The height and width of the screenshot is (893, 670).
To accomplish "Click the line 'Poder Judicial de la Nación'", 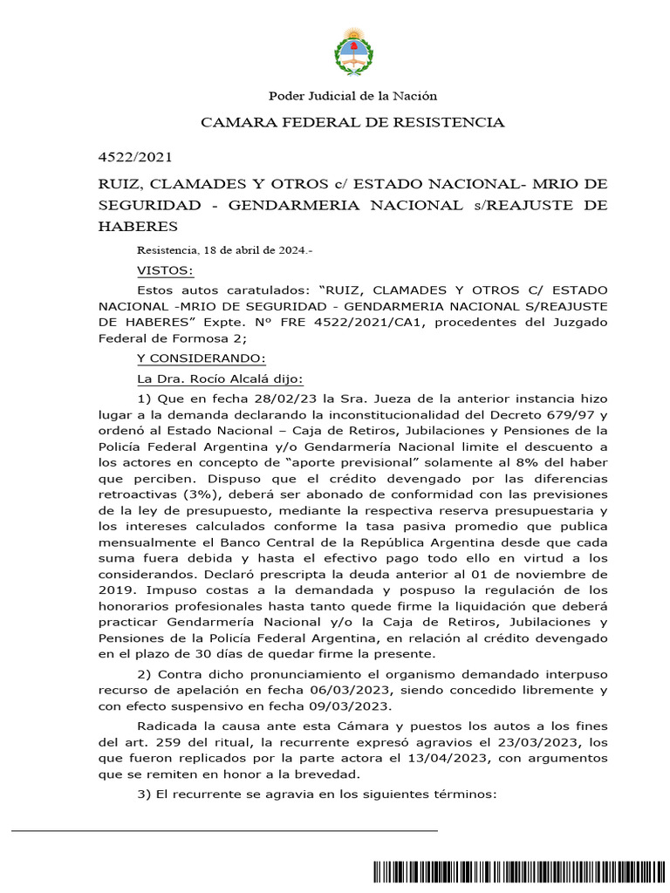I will [352, 96].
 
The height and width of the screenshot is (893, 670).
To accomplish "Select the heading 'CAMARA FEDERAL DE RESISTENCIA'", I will [352, 122].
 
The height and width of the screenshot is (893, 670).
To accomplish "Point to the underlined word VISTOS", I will [166, 269].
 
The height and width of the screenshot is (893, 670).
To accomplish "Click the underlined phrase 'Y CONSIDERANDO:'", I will [194, 359].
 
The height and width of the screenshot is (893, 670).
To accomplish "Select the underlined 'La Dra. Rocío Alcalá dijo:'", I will [220, 378].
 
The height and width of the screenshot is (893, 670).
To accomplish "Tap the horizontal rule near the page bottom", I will [224, 831].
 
